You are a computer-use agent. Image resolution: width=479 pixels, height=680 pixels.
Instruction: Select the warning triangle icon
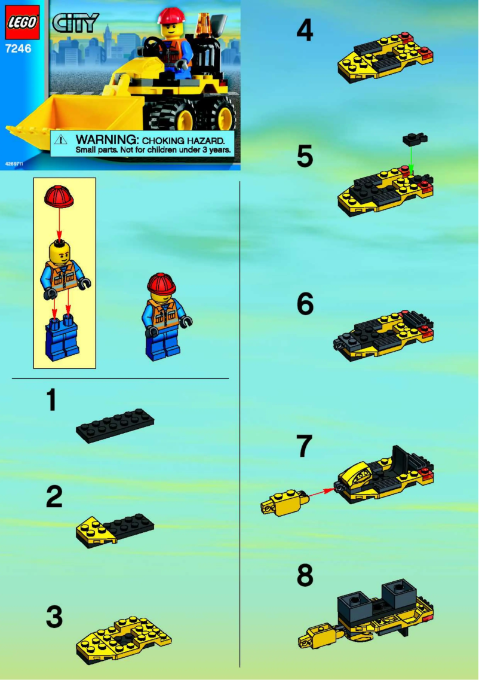coord(62,139)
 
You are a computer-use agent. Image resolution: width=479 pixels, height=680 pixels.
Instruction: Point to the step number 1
coord(52,400)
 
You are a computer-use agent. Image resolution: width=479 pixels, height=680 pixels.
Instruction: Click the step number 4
coord(305,30)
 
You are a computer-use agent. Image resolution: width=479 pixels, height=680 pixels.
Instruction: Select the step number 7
coord(305,446)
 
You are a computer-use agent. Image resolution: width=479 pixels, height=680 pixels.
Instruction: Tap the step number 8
coord(305,577)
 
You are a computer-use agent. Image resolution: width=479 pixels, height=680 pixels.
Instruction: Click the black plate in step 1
coord(115,425)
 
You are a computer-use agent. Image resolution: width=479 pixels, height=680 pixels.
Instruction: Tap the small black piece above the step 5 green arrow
coord(415,139)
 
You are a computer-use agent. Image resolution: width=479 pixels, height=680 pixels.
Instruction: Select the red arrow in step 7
coord(321,493)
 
